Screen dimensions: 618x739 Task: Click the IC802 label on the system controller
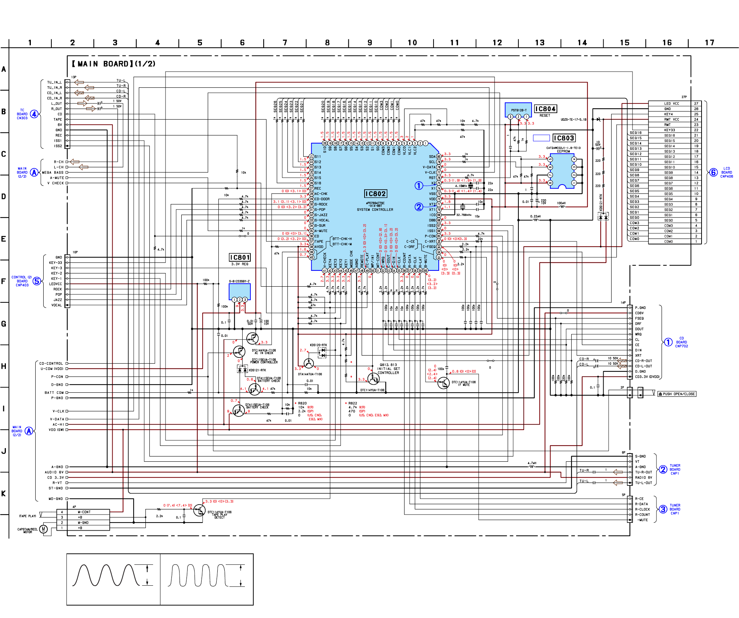[x=375, y=194]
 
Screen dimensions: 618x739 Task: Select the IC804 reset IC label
[x=545, y=109]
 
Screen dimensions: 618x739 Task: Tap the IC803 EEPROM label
[x=564, y=138]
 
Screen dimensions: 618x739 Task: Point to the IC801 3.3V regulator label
[x=240, y=258]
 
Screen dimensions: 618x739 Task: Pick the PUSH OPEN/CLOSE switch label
[x=677, y=394]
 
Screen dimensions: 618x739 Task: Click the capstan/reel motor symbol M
[x=43, y=529]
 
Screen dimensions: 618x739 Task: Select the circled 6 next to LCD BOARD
[x=713, y=172]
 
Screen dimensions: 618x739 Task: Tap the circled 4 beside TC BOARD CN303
[x=34, y=114]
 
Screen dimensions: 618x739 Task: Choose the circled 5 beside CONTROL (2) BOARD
[x=37, y=281]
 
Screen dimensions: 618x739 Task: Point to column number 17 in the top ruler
[x=709, y=43]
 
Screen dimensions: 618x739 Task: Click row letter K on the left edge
[x=4, y=494]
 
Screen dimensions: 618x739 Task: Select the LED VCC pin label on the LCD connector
[x=671, y=103]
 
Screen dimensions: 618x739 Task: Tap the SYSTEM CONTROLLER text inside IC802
[x=375, y=210]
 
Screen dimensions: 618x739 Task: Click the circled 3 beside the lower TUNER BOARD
[x=663, y=509]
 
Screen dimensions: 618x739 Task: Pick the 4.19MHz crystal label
[x=461, y=186]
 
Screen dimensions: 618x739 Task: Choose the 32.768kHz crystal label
[x=464, y=215]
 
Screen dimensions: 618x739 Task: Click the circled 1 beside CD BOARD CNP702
[x=668, y=342]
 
